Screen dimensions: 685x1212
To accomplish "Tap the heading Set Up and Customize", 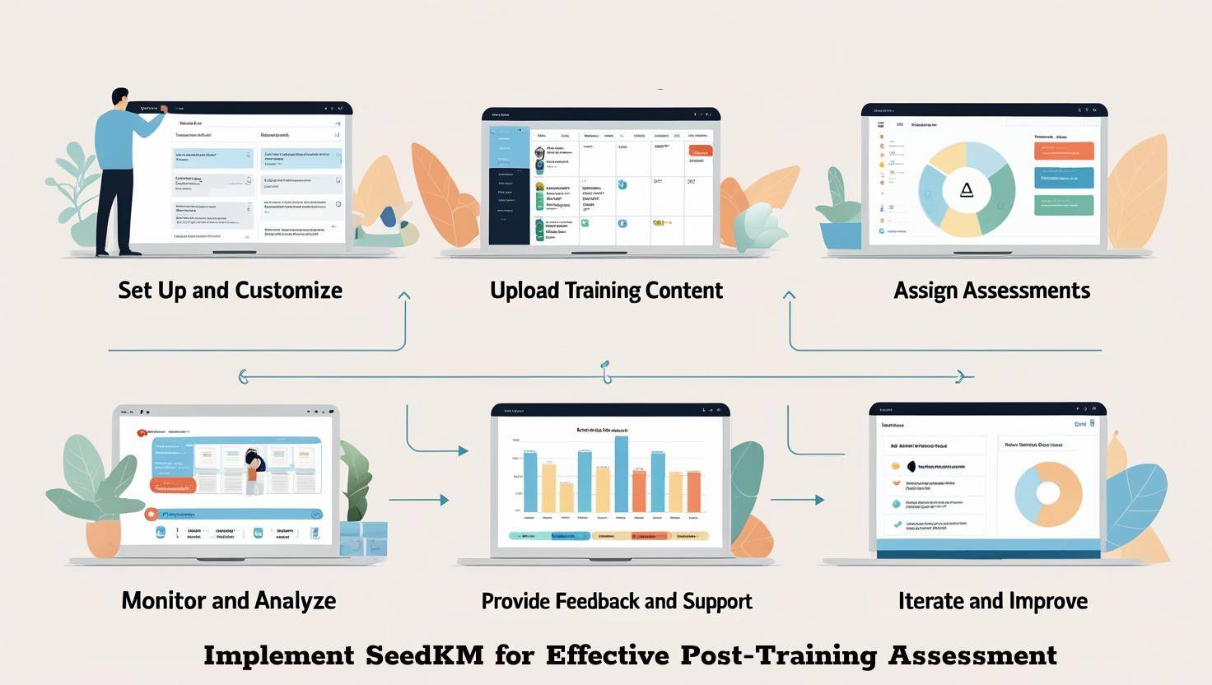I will pos(230,291).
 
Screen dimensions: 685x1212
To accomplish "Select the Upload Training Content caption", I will pos(606,291).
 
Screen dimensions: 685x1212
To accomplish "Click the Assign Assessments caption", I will pos(991,291).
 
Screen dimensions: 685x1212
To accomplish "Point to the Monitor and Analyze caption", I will pos(228,601).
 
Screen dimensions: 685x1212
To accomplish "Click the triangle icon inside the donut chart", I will pos(967,190).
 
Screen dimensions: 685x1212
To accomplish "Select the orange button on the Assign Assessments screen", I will pos(1064,151).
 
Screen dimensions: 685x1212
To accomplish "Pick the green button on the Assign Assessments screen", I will pos(1064,205).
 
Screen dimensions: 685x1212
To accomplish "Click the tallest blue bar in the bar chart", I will pos(622,474).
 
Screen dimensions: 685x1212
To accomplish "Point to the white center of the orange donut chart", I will pos(1048,493).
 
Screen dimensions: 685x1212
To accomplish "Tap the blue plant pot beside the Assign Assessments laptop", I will pos(841,235).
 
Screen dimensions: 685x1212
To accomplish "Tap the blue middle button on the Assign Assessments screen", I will pos(1064,178).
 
